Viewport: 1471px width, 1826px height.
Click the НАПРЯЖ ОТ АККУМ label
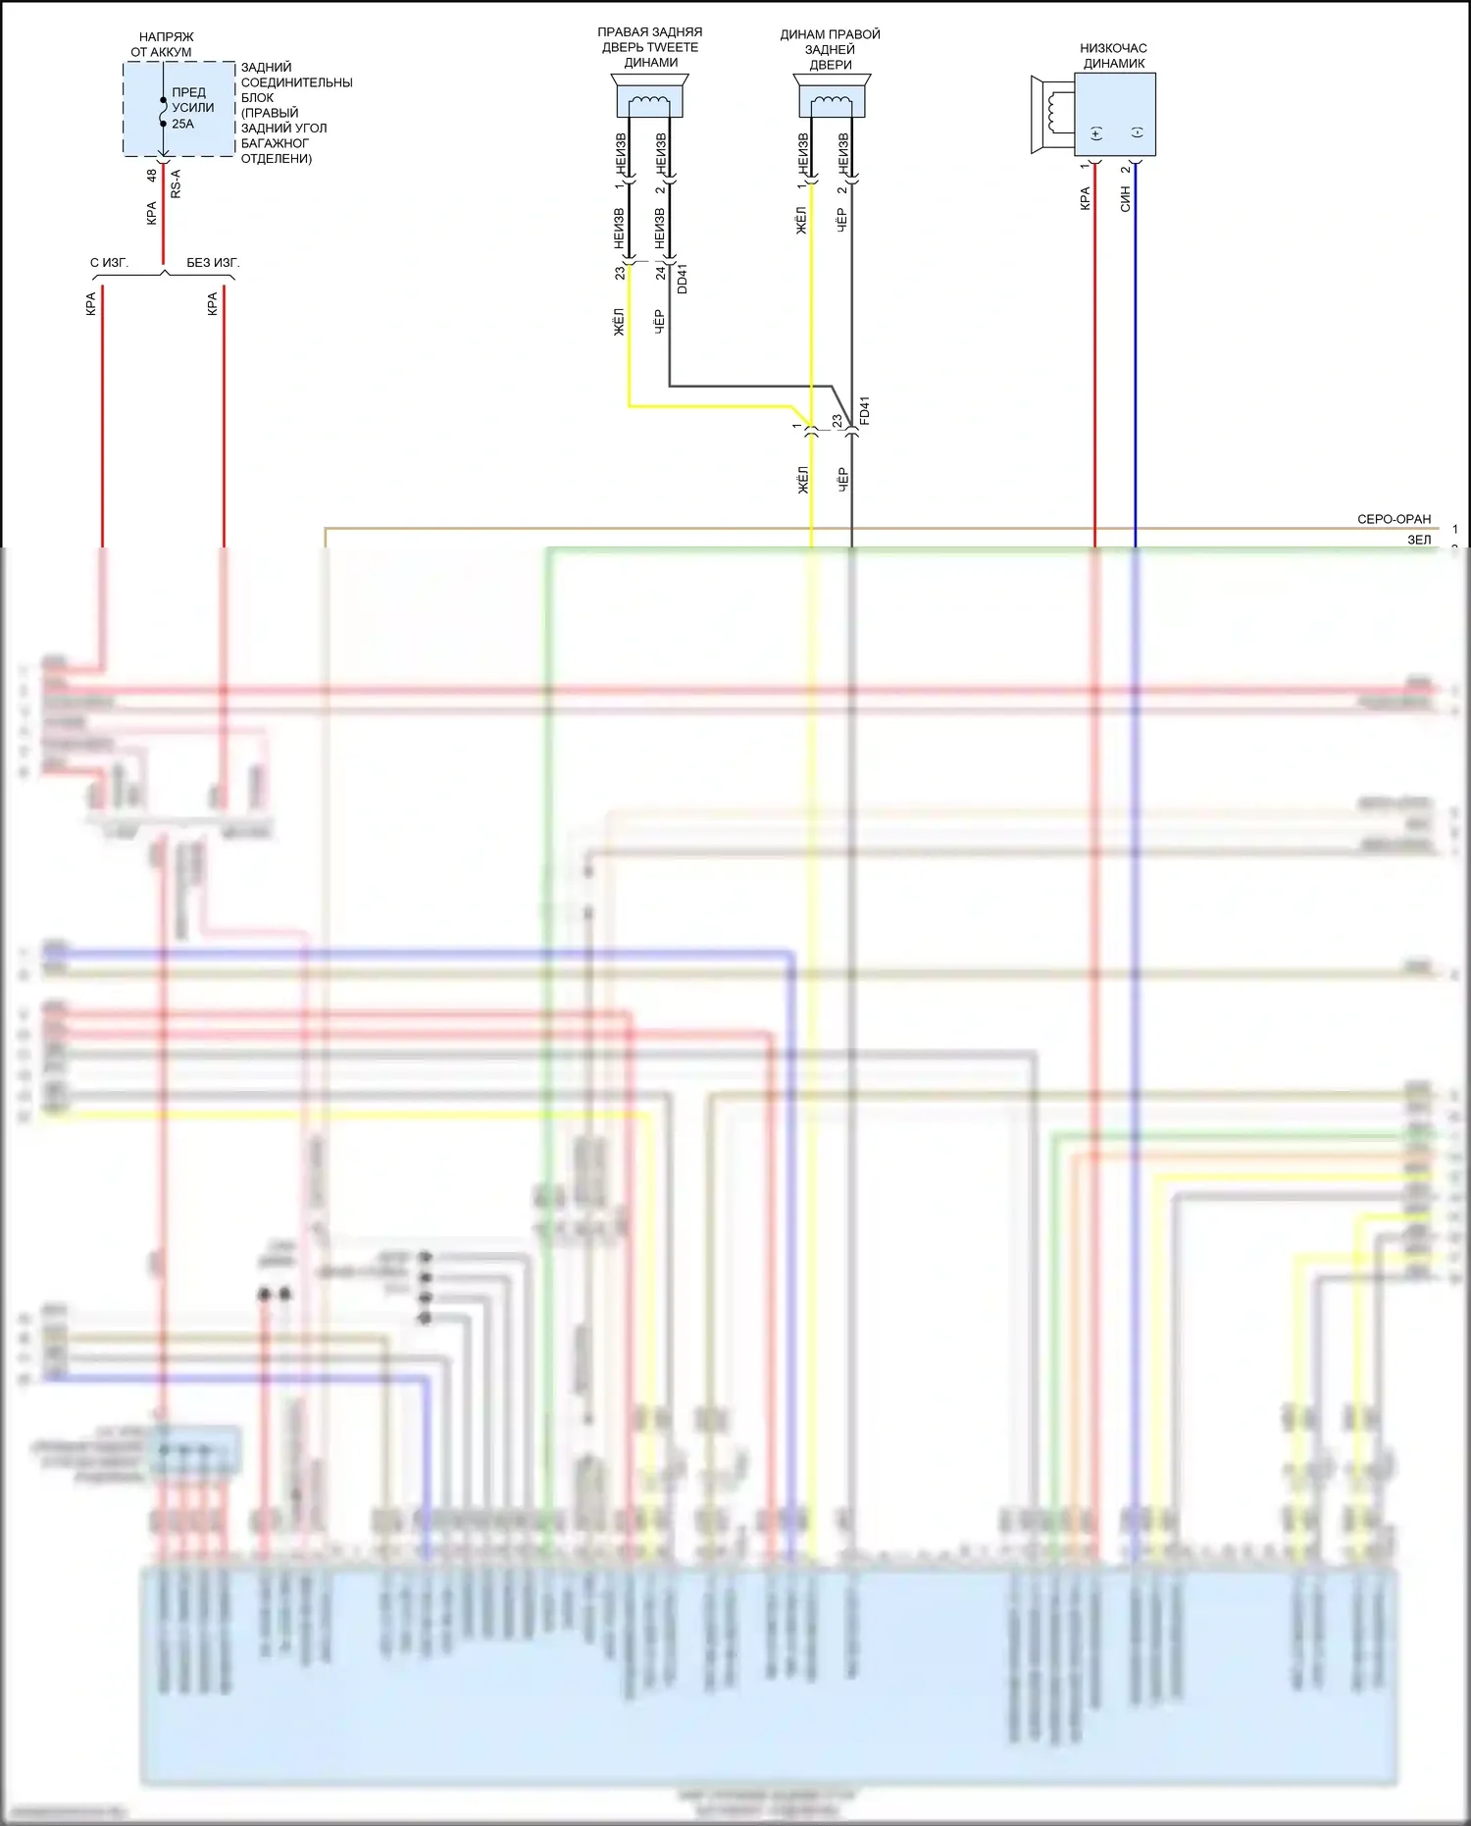(x=162, y=44)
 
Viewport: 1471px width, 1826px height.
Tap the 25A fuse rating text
(x=182, y=124)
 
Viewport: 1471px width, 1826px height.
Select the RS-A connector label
(x=177, y=184)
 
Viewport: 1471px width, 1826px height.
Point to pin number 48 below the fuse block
(x=152, y=176)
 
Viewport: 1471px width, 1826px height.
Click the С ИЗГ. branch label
(x=109, y=263)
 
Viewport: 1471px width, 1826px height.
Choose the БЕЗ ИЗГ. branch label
(x=213, y=263)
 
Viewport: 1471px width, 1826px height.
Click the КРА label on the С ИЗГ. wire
(x=91, y=304)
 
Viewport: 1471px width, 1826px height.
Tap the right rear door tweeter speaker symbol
(x=649, y=98)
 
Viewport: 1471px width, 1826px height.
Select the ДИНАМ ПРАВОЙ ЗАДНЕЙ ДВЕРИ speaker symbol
(x=831, y=98)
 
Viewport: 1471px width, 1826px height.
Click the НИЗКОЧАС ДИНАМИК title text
(x=1113, y=55)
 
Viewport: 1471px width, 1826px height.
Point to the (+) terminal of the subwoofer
(x=1095, y=133)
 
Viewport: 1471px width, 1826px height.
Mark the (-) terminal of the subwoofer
(x=1137, y=133)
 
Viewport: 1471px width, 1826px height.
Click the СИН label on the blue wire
(x=1125, y=200)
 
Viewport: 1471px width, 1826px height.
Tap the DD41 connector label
(x=683, y=278)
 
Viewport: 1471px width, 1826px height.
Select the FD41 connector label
(x=864, y=411)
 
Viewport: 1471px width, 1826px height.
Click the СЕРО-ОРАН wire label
(x=1394, y=519)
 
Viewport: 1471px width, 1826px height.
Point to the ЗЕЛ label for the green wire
(x=1419, y=540)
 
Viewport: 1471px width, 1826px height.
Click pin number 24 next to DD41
(x=661, y=273)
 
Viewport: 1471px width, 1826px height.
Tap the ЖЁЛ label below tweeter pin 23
(x=619, y=322)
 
